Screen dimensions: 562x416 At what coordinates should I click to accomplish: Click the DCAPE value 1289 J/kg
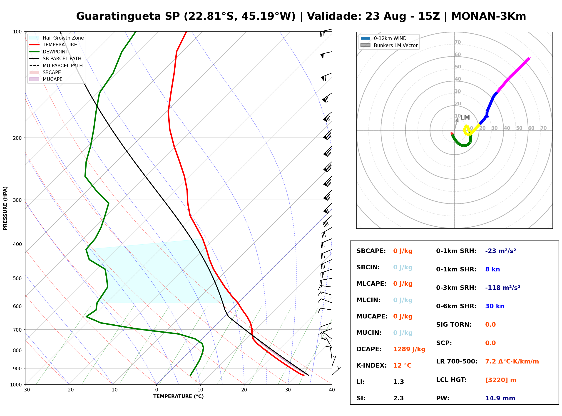tap(409, 349)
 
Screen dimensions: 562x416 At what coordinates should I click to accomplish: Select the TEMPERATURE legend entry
tap(53, 45)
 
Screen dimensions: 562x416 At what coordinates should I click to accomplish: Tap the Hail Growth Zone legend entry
tap(56, 38)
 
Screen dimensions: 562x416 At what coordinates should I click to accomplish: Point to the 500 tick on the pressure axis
tap(17, 278)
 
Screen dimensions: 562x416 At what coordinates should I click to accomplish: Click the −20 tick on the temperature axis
tap(69, 390)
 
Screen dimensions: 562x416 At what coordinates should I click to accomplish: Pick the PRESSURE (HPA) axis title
tap(5, 208)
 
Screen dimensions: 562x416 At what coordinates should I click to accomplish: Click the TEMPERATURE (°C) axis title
tap(179, 396)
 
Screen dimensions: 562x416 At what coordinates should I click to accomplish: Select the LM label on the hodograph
tap(465, 117)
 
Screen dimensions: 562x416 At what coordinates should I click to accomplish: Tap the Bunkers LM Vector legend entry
tap(389, 45)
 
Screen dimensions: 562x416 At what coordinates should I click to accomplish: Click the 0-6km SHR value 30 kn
tap(495, 306)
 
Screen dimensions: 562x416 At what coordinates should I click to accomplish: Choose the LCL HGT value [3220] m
tap(501, 380)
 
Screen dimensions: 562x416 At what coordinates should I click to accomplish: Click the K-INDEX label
tap(371, 365)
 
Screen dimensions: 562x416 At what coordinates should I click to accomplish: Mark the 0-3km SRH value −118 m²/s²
tap(503, 288)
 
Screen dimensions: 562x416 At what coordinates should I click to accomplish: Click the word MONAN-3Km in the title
tap(489, 16)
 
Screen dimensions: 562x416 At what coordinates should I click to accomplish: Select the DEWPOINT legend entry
tap(49, 52)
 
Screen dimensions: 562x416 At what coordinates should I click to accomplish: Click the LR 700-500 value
tap(512, 361)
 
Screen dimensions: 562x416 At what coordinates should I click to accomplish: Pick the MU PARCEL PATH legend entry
tap(56, 65)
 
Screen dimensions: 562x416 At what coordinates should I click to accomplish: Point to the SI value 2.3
tap(398, 398)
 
